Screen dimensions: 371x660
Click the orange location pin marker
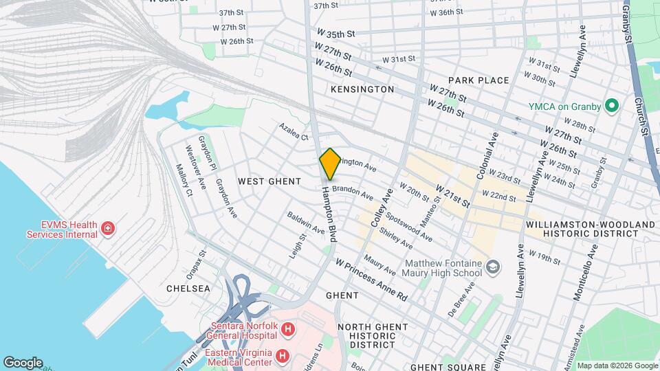tap(330, 164)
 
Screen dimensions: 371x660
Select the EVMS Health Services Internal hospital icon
tap(107, 228)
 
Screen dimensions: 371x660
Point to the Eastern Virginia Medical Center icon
tap(282, 356)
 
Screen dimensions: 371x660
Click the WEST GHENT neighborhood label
tap(269, 181)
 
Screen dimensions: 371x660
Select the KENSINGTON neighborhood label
tap(362, 89)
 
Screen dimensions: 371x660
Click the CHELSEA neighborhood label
tap(188, 289)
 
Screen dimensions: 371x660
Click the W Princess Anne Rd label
tap(372, 280)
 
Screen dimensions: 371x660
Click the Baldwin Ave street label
tap(306, 222)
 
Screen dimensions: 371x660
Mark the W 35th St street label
tap(335, 33)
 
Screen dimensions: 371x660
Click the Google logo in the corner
tap(23, 362)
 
